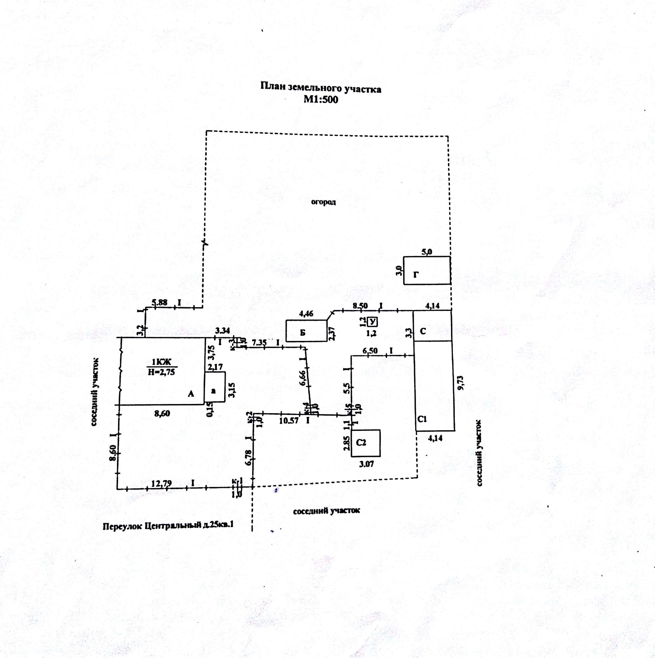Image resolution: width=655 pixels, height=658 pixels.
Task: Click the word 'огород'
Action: pos(323,202)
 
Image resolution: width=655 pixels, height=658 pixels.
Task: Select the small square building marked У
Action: pos(373,321)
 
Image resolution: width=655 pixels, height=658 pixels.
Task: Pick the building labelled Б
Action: pos(306,330)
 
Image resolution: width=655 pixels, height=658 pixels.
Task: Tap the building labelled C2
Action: pos(366,443)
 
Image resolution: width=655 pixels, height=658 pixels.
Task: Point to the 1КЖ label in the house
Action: pos(161,362)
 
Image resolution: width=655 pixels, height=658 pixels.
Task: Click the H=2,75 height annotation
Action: pos(161,372)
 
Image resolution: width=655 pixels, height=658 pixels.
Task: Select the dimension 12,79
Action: pos(161,483)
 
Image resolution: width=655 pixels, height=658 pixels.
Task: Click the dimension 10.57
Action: pos(289,421)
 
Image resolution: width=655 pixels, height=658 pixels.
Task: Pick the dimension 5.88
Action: pos(159,302)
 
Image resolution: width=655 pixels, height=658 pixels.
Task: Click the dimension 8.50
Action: pos(360,305)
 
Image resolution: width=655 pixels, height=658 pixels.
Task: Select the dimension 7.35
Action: pos(259,342)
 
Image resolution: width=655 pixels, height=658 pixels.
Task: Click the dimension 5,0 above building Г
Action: pos(427,252)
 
